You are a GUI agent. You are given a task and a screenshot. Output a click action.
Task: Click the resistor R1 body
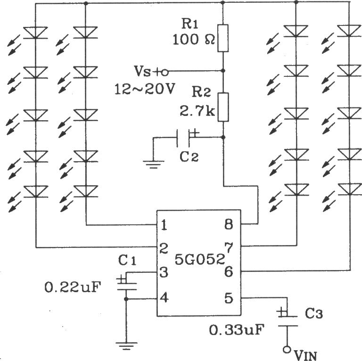[223, 38]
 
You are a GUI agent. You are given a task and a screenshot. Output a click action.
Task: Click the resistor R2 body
[223, 107]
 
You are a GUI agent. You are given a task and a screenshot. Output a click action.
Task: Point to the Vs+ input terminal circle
[165, 72]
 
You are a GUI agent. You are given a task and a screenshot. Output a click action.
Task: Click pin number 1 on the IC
[164, 225]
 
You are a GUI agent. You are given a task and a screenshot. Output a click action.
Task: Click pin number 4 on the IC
[164, 298]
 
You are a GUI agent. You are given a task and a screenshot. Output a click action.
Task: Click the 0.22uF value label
[74, 286]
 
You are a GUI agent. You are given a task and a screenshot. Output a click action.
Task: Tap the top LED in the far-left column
[36, 33]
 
